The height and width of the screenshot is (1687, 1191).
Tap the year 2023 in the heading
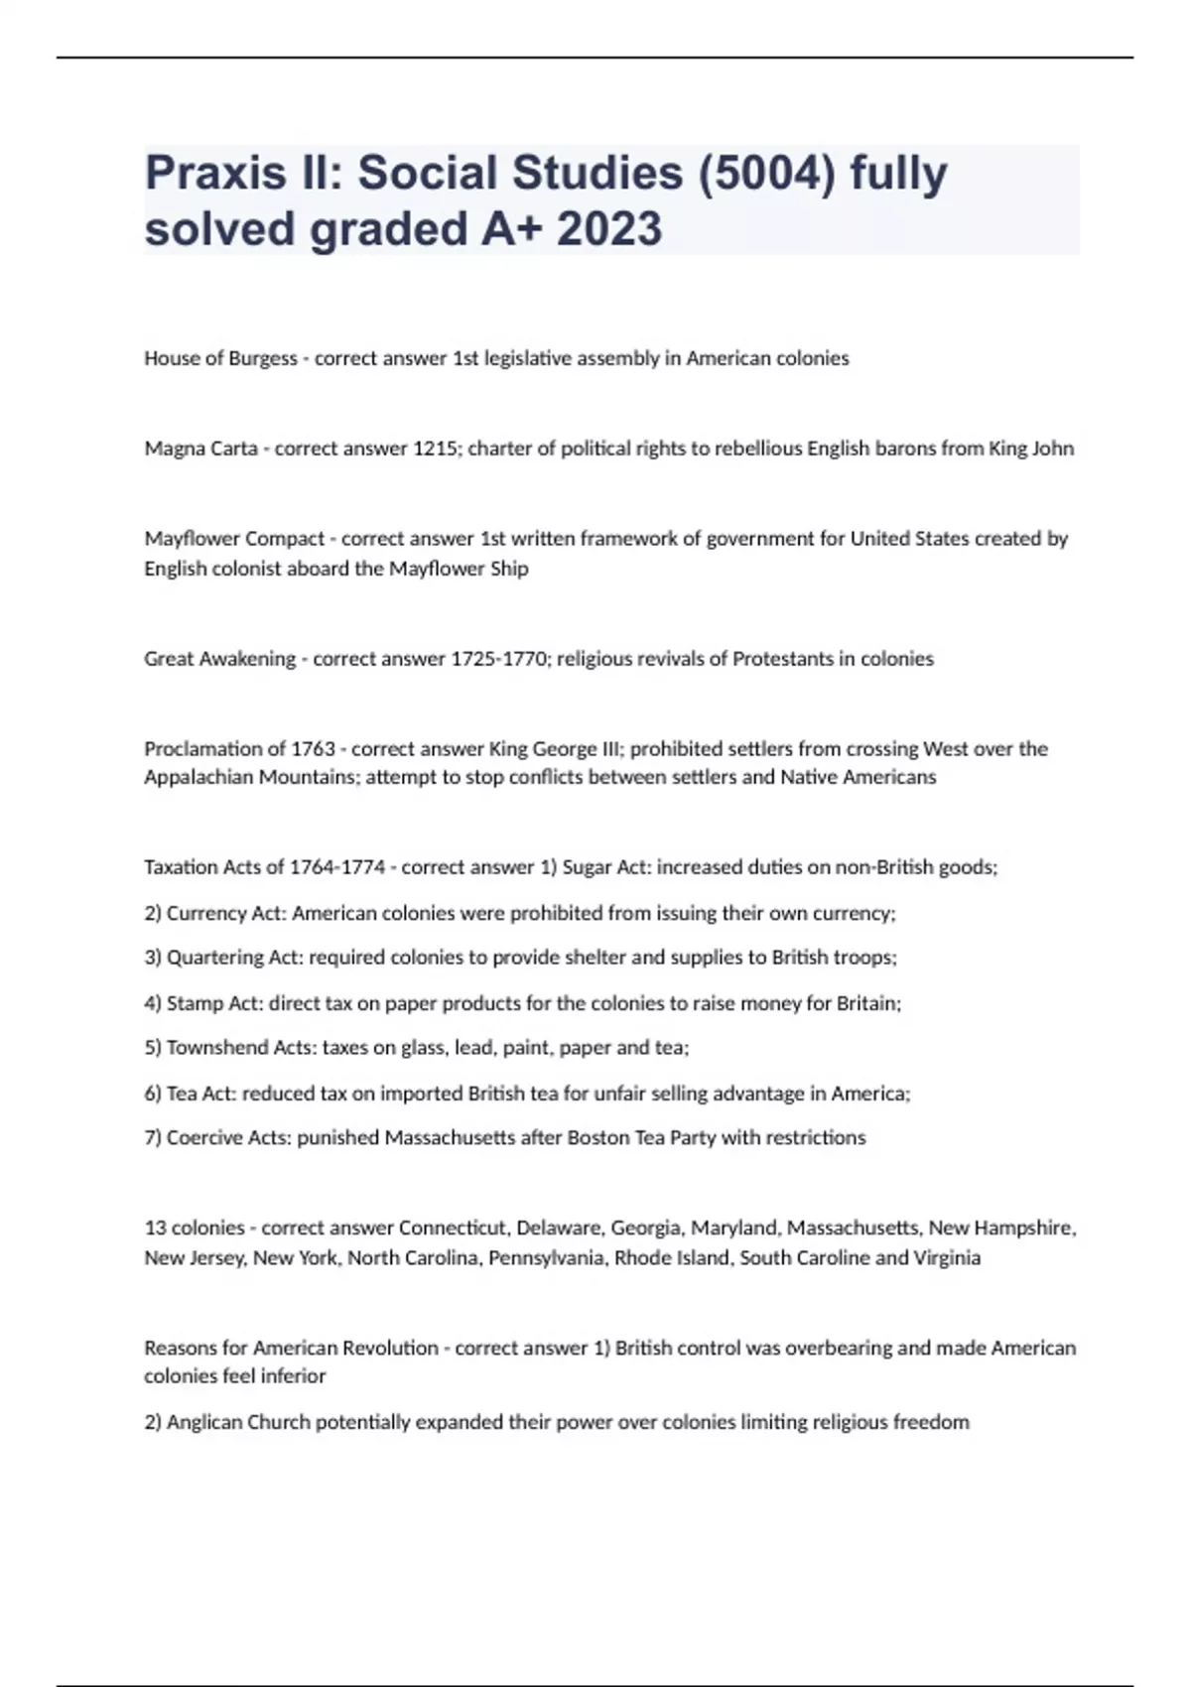[608, 229]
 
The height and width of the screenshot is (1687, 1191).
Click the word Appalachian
[198, 777]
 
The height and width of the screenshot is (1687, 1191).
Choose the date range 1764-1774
[336, 867]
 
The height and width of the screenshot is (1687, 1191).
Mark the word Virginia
[947, 1258]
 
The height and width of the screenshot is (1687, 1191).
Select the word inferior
[292, 1376]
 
